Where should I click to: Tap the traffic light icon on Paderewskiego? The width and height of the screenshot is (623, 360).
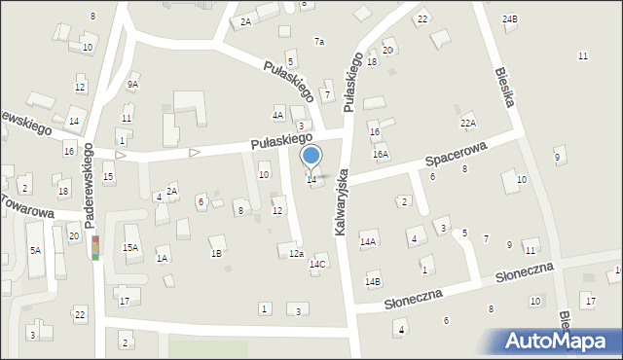[95, 247]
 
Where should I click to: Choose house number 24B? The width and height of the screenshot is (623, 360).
[510, 18]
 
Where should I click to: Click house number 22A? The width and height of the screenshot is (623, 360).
[468, 123]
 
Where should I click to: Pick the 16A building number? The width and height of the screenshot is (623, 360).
[381, 154]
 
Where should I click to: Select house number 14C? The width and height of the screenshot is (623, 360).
[317, 264]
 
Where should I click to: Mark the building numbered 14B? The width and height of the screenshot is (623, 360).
[373, 281]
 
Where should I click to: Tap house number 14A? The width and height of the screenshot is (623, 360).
[368, 241]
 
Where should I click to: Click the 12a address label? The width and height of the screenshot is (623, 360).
[296, 253]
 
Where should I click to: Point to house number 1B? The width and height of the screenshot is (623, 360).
[216, 253]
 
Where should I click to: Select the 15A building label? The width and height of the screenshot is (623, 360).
[130, 248]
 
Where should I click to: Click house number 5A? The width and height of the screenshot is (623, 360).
[35, 250]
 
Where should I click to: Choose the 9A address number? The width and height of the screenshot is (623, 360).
[132, 85]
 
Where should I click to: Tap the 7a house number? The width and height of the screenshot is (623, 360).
[318, 41]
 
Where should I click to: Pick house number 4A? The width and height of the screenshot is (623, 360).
[277, 115]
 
